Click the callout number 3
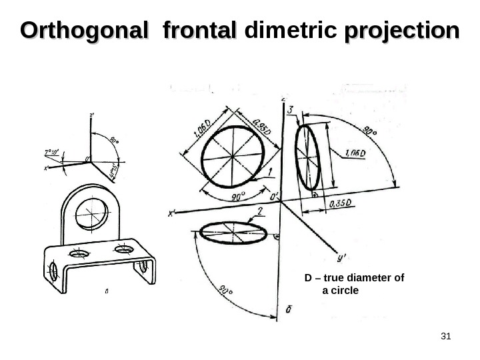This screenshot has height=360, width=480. pos(292,113)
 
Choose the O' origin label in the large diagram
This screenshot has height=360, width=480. pos(273,197)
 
